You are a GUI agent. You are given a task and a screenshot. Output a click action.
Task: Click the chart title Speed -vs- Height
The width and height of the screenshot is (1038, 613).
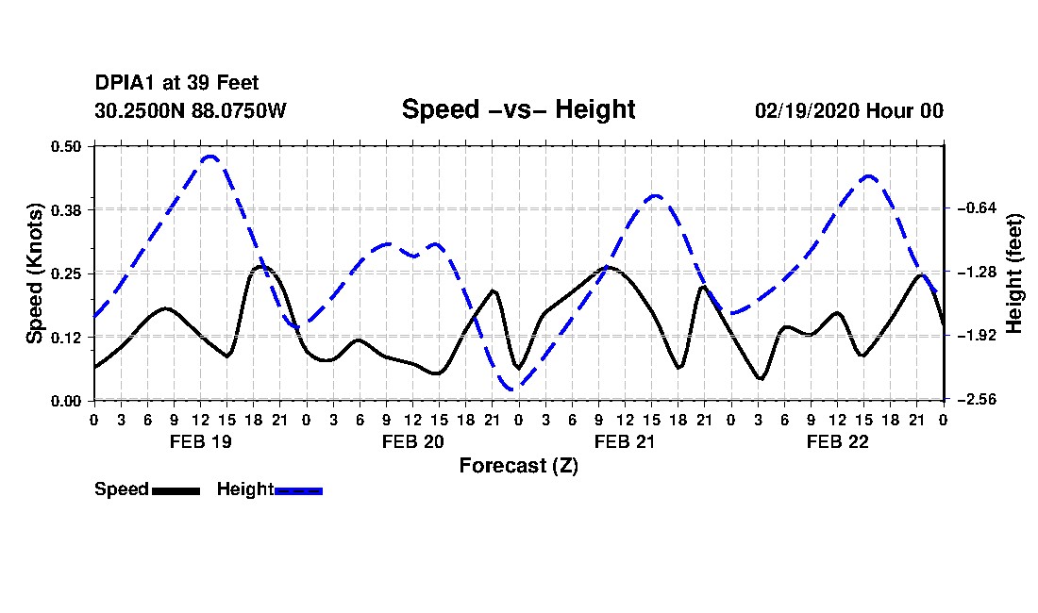518,109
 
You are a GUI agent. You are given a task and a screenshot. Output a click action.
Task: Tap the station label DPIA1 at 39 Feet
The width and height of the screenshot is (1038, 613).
176,83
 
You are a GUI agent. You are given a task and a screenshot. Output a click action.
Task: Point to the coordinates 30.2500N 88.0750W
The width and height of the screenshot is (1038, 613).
190,110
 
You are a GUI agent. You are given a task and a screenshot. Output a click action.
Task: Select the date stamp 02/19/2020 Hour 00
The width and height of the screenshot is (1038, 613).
848,110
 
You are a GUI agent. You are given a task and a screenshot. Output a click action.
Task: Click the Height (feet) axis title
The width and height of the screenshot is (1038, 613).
1013,273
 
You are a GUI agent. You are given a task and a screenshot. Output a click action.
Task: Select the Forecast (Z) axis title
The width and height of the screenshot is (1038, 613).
518,466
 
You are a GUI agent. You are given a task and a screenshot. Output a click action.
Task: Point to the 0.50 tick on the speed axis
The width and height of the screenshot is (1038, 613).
66,146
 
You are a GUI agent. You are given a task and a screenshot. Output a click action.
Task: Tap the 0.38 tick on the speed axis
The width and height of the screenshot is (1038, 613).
66,210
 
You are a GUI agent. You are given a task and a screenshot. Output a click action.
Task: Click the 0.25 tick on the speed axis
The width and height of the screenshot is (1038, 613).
66,273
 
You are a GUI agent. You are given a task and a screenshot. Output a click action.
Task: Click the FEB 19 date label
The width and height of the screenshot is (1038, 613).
201,441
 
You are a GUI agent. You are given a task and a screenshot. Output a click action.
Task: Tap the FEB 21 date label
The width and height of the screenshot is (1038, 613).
625,441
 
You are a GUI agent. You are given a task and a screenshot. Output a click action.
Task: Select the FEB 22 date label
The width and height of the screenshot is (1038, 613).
837,441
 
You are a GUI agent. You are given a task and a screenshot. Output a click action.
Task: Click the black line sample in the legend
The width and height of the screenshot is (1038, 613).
176,490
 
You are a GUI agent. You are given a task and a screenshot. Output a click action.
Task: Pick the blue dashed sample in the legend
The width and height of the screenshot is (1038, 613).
298,490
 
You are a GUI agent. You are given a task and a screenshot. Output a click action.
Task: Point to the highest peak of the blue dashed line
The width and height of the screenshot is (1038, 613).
210,157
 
